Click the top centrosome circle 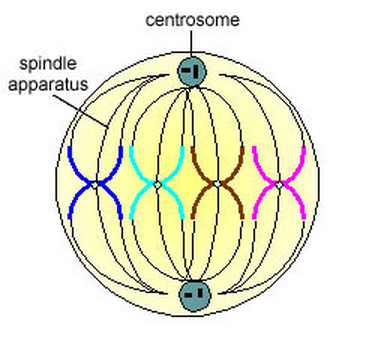click(x=189, y=71)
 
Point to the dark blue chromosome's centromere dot click(x=95, y=184)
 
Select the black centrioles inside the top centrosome click(x=189, y=71)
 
